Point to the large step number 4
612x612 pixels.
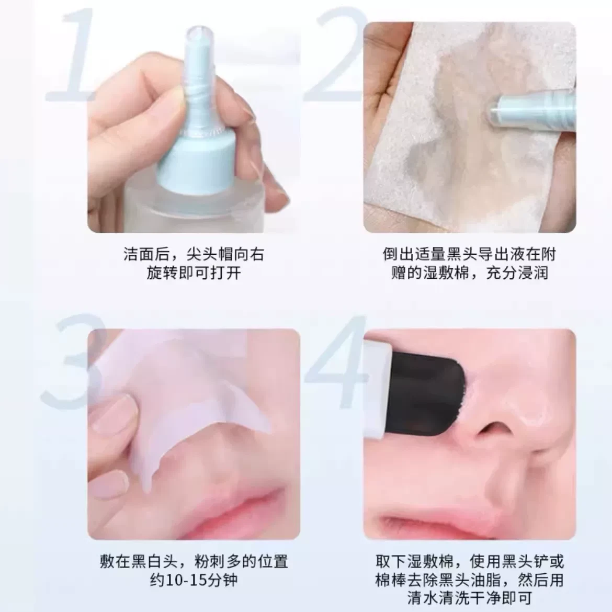[336, 361]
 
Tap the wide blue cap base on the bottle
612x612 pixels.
[194, 164]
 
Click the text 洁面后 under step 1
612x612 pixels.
[147, 254]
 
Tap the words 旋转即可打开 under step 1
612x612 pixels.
[194, 273]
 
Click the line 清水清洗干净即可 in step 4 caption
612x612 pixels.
[470, 598]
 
